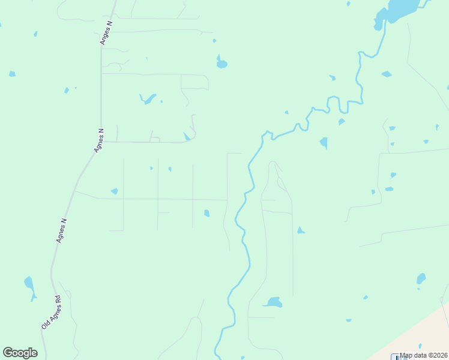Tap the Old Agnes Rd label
click(x=51, y=311)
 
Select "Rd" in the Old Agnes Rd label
click(x=58, y=298)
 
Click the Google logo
click(x=20, y=353)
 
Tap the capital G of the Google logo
click(x=8, y=353)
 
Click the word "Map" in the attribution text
click(x=407, y=355)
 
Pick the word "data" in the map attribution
click(x=420, y=355)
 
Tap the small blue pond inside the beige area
click(x=420, y=346)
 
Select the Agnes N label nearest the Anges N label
click(x=100, y=140)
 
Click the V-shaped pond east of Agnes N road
click(x=147, y=98)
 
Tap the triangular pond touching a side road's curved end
click(x=187, y=137)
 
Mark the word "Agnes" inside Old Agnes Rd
click(x=50, y=313)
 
